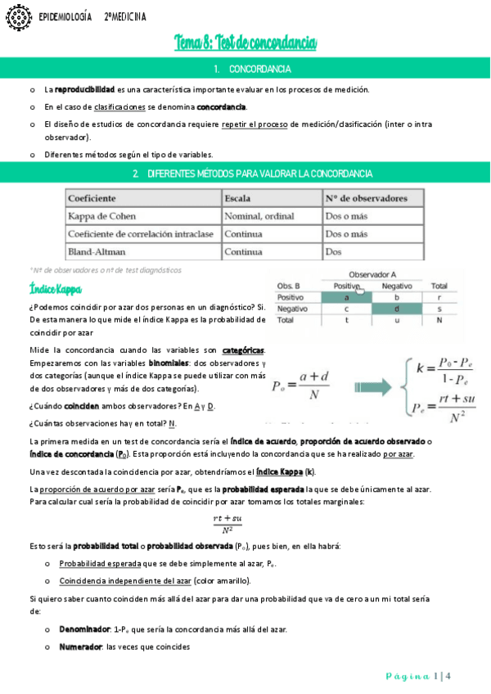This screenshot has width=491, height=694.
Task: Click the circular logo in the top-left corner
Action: (x=16, y=16)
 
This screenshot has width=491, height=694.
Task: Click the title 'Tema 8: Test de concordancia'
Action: (x=245, y=43)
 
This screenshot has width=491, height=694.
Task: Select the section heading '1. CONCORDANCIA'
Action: (x=245, y=69)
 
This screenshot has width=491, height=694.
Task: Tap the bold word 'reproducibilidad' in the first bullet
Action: (x=84, y=89)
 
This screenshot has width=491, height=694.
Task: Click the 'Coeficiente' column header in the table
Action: (x=92, y=199)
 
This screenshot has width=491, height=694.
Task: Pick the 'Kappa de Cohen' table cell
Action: (x=101, y=216)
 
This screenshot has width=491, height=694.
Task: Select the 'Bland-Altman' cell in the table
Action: (x=97, y=252)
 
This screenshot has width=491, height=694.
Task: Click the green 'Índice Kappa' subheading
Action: (x=55, y=289)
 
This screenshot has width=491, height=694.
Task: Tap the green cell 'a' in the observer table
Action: (x=347, y=297)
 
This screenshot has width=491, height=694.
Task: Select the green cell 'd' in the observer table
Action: (x=397, y=309)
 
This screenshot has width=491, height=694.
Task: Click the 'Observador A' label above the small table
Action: (x=372, y=274)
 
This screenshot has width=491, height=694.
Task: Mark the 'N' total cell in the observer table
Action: (x=439, y=321)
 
